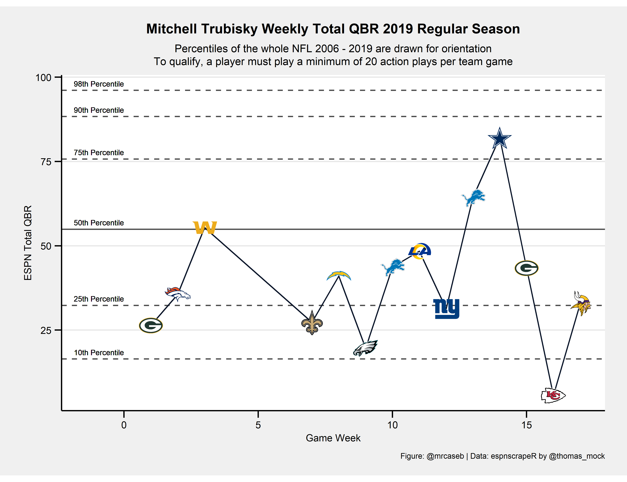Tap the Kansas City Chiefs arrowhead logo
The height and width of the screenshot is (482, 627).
pyautogui.click(x=553, y=395)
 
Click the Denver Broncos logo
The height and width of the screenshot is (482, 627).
pyautogui.click(x=178, y=294)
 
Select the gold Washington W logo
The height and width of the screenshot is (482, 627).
pyautogui.click(x=205, y=228)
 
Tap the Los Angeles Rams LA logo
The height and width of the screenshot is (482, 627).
pyautogui.click(x=420, y=251)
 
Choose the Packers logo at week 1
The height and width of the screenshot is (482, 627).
pyautogui.click(x=151, y=325)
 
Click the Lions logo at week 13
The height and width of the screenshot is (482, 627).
pyautogui.click(x=473, y=197)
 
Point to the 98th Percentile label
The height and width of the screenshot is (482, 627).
pyautogui.click(x=99, y=84)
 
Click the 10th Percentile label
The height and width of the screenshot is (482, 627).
pyautogui.click(x=99, y=353)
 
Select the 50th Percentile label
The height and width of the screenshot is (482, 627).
pyautogui.click(x=99, y=223)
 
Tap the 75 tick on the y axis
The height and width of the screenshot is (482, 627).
pyautogui.click(x=46, y=162)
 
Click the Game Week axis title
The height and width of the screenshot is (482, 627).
pyautogui.click(x=333, y=438)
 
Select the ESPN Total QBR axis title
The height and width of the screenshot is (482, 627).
pyautogui.click(x=28, y=243)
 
